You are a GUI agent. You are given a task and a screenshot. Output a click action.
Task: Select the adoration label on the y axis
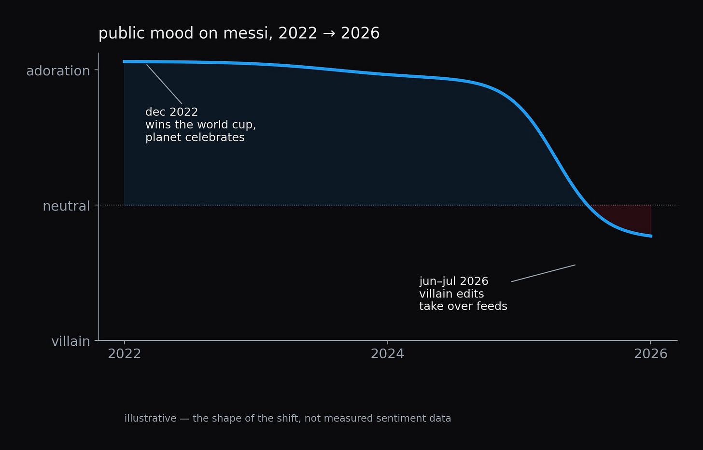pyautogui.click(x=58, y=71)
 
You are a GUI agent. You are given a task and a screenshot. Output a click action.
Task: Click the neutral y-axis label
pyautogui.click(x=66, y=206)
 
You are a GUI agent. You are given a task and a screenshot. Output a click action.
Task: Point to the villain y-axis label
pyautogui.click(x=70, y=341)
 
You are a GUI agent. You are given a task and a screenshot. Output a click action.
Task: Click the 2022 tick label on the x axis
pyautogui.click(x=124, y=354)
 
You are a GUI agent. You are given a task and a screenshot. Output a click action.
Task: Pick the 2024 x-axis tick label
pyautogui.click(x=387, y=354)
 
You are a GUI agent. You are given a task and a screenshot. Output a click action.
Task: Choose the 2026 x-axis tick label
pyautogui.click(x=650, y=354)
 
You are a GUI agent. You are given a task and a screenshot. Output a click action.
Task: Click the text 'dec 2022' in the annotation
pyautogui.click(x=172, y=112)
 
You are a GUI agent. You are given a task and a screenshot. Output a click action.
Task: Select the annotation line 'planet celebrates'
pyautogui.click(x=195, y=138)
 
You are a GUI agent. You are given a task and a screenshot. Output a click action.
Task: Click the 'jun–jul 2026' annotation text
pyautogui.click(x=453, y=281)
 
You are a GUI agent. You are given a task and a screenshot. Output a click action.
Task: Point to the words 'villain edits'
pyautogui.click(x=451, y=294)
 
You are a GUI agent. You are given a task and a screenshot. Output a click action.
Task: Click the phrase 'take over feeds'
pyautogui.click(x=463, y=306)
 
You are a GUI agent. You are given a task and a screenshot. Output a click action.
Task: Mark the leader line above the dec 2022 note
pyautogui.click(x=164, y=84)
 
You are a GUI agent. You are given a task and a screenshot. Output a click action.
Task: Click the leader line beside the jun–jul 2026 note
pyautogui.click(x=543, y=273)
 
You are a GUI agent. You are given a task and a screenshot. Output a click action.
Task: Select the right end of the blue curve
pyautogui.click(x=652, y=236)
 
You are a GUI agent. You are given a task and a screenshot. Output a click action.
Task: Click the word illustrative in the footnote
pyautogui.click(x=150, y=418)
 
